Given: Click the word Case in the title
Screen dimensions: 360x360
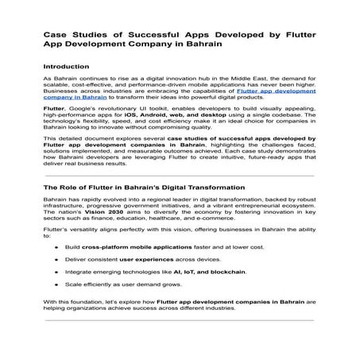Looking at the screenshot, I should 55,36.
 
